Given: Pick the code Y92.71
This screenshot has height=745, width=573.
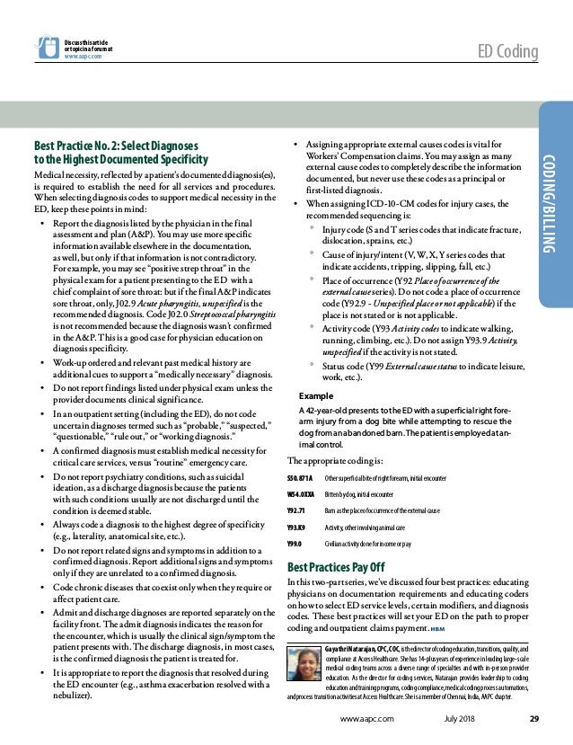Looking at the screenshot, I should point(297,511).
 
